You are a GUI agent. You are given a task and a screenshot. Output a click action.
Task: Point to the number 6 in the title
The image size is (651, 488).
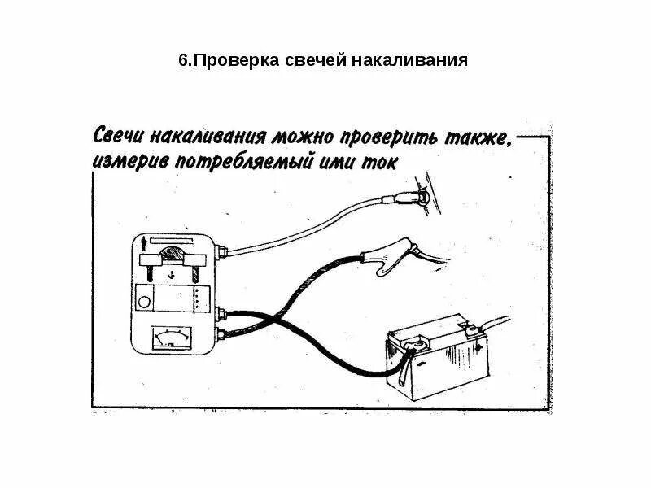(x=181, y=61)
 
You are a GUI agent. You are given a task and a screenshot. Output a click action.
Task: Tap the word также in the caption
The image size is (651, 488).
(x=481, y=134)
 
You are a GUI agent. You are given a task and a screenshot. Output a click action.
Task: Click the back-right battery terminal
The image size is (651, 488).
(x=470, y=330)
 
